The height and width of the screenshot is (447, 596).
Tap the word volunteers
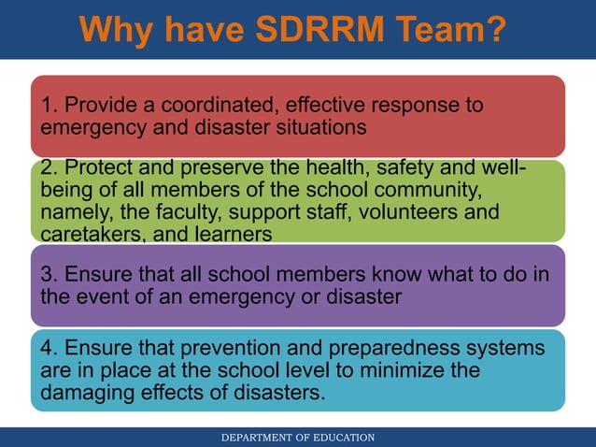[x=413, y=212]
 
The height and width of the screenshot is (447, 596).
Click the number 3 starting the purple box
[x=45, y=276]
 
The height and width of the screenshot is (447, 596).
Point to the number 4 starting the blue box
[x=45, y=349]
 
